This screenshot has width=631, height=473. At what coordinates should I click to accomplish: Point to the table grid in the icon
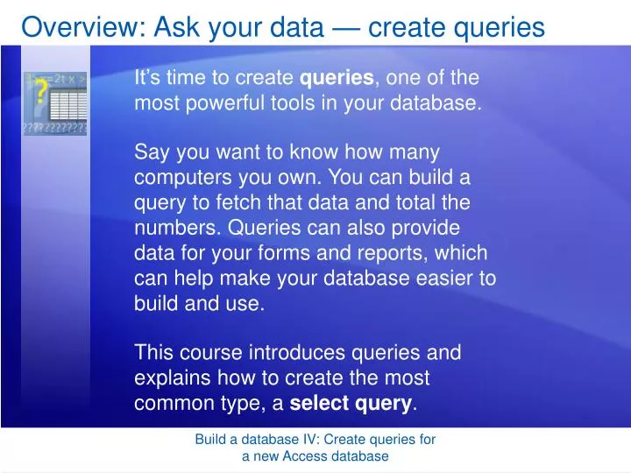tap(68, 107)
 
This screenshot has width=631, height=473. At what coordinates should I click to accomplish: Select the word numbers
tap(178, 228)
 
